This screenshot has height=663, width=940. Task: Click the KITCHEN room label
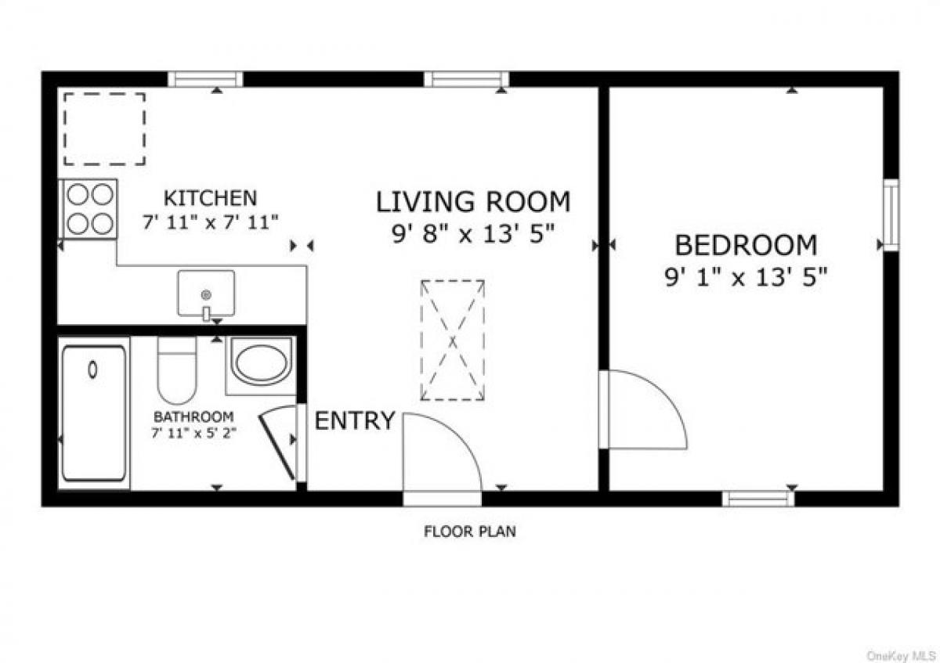coord(209,198)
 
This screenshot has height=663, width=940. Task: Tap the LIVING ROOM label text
coord(473,202)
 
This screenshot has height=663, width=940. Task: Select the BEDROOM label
coord(745,246)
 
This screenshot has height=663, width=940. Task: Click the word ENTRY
coord(354,421)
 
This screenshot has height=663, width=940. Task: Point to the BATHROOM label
coord(193,416)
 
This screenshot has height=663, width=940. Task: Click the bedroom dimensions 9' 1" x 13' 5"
coord(745,278)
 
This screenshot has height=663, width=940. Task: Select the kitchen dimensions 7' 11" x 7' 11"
coord(210,222)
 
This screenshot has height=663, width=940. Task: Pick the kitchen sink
coord(206,294)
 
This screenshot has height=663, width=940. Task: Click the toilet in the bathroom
coord(176,370)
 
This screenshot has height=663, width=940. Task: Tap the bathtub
coord(94,413)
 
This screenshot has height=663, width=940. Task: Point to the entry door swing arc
coord(441,454)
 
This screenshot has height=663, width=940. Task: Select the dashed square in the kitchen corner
coord(104,129)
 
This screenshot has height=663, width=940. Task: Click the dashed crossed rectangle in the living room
coord(452,340)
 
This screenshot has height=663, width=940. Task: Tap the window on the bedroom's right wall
coord(891,215)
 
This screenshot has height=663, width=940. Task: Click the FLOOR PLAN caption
coord(470,532)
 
